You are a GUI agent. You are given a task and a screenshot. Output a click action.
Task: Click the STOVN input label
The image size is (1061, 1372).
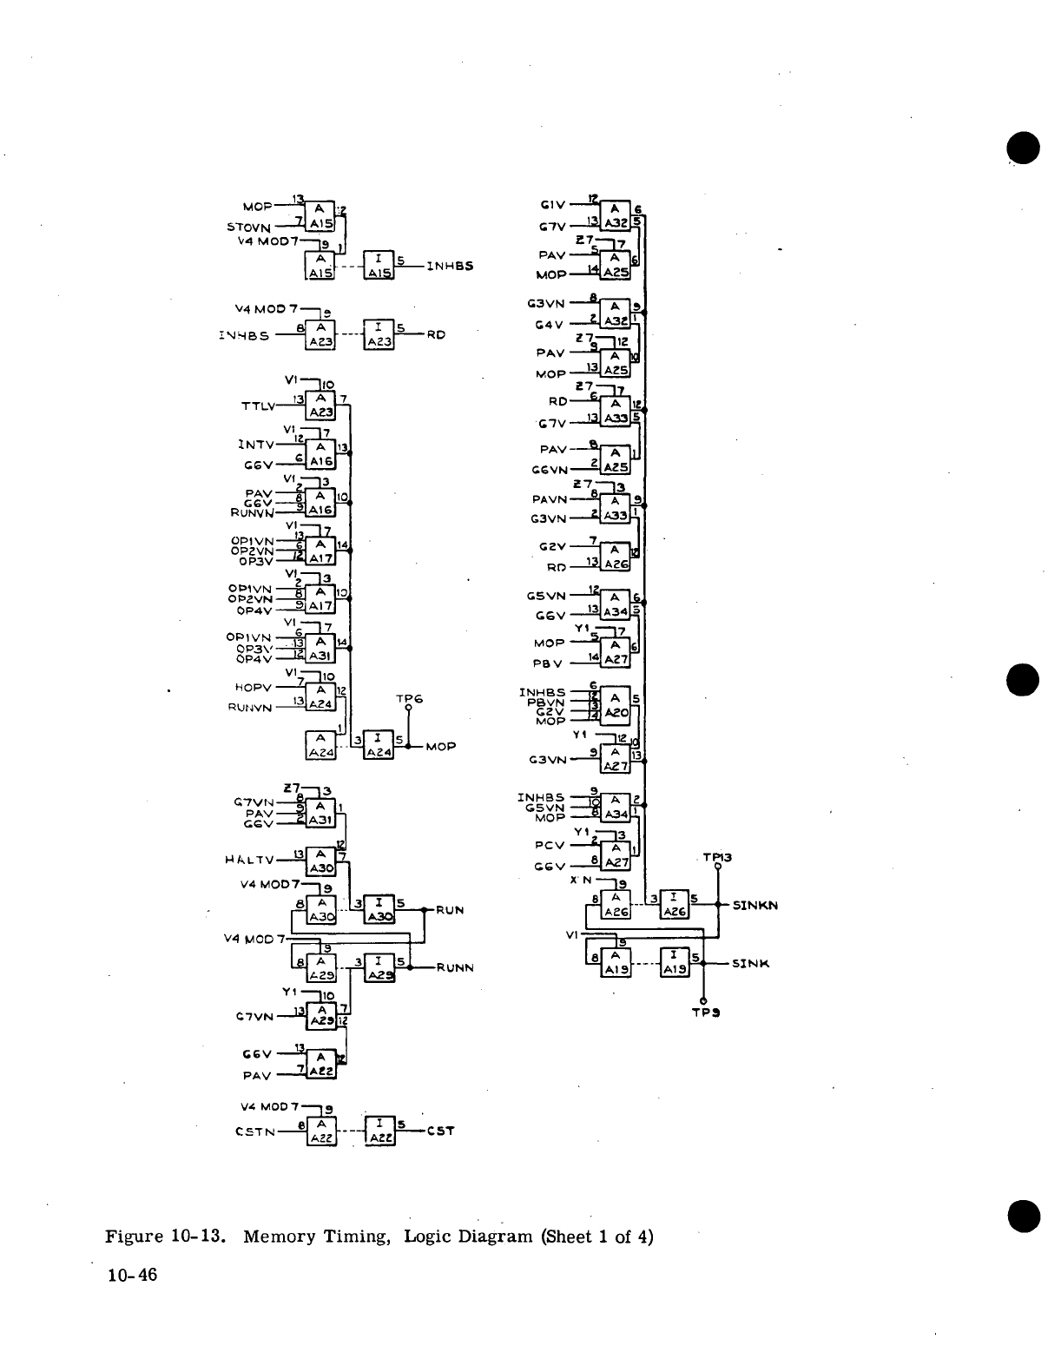pos(249,228)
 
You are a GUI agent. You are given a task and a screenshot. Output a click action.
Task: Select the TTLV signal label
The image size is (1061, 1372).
pos(257,405)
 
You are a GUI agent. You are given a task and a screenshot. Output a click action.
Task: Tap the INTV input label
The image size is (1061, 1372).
pos(256,445)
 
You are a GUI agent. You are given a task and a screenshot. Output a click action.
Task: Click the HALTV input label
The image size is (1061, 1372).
pos(248,860)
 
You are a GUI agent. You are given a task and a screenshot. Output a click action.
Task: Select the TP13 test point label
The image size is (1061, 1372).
pos(717,858)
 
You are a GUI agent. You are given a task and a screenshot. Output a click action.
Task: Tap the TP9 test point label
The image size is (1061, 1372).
pos(703,1012)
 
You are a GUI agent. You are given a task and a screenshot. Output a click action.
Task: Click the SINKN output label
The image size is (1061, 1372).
pos(755,905)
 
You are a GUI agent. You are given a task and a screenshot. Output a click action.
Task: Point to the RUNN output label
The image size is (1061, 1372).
pos(455,967)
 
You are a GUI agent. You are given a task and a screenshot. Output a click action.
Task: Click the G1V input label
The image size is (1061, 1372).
pos(553,206)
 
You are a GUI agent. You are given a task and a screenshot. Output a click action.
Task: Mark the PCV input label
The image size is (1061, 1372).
pos(549,844)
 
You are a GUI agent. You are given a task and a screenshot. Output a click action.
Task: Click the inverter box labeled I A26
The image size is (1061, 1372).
pos(675,905)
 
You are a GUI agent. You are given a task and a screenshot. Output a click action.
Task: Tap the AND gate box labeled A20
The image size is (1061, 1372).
pos(616,705)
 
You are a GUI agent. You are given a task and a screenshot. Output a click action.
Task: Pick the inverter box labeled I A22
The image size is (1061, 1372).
pos(379,1131)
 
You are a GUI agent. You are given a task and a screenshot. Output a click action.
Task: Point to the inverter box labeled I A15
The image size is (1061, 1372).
pos(379,264)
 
